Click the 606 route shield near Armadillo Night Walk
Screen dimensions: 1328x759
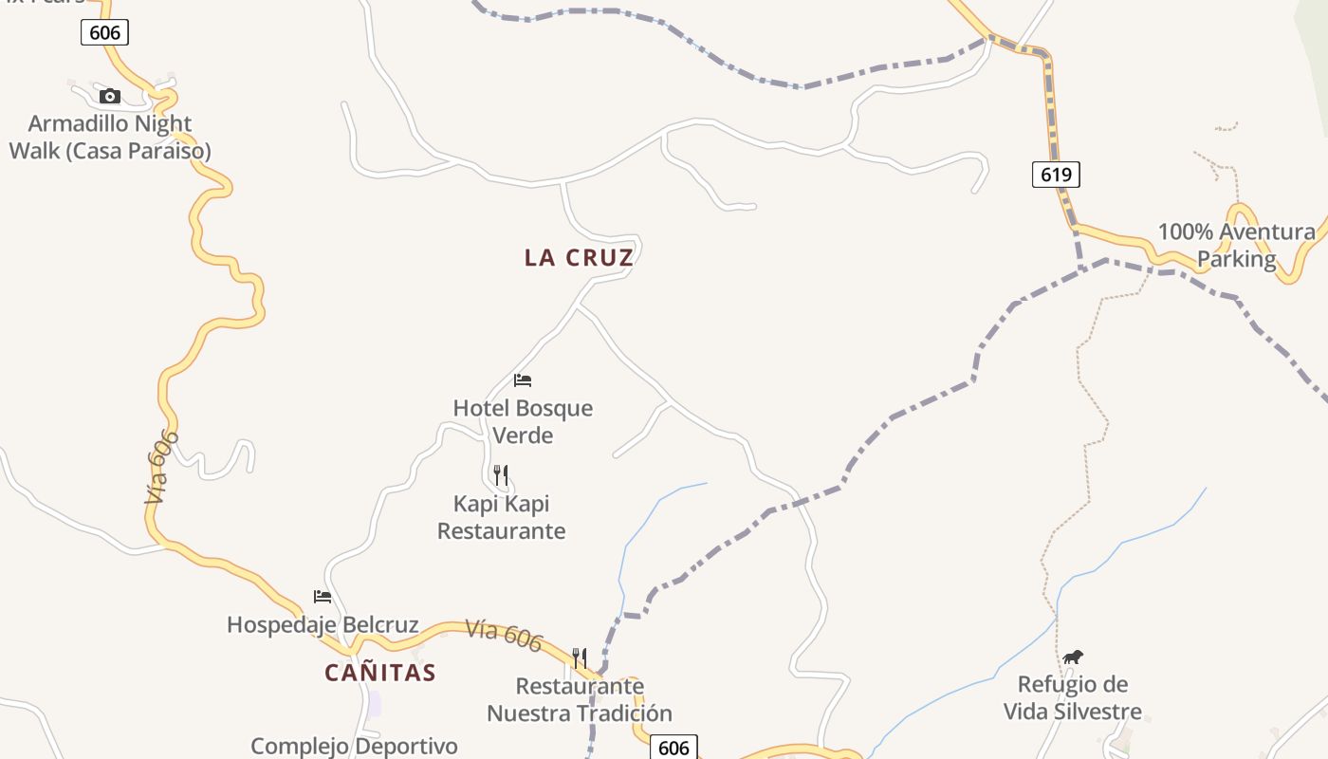point(104,32)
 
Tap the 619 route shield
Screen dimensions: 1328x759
point(1056,174)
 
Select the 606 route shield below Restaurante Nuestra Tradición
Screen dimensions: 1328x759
point(673,747)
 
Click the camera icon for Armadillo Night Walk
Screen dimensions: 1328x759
point(110,96)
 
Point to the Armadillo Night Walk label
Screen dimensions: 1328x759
point(110,137)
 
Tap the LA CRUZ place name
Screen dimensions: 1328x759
point(579,258)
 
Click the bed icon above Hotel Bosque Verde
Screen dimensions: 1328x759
point(523,380)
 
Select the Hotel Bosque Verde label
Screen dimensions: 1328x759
point(523,421)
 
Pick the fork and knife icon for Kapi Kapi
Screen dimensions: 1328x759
point(501,474)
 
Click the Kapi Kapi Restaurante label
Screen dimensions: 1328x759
point(501,517)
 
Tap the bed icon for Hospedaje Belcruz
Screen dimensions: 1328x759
point(323,597)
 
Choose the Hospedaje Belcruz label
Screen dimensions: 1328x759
point(323,624)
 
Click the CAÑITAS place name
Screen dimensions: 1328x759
point(380,673)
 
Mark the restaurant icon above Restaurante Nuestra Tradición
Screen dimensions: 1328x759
point(580,657)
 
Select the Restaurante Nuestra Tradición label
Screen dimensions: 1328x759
point(580,699)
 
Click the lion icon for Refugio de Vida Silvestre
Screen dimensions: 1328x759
point(1073,657)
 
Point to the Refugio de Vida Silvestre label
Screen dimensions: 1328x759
point(1073,697)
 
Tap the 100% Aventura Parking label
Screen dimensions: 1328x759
point(1237,245)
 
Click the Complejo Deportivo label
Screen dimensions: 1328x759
point(354,746)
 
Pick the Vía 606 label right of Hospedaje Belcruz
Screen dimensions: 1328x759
point(504,636)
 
